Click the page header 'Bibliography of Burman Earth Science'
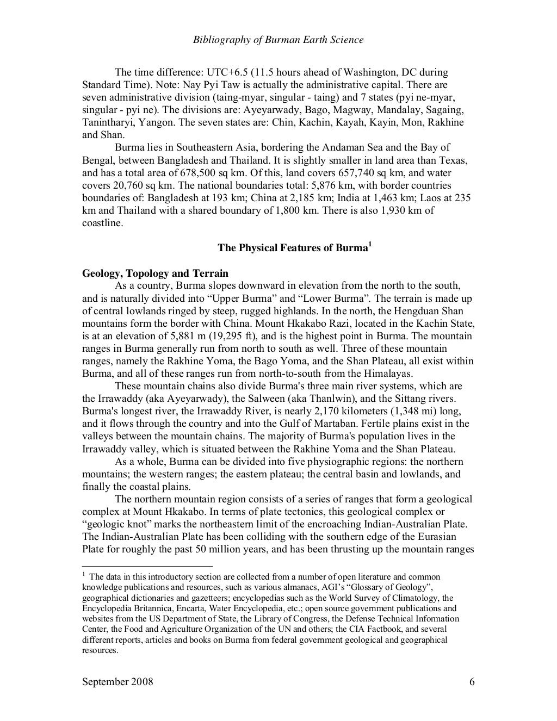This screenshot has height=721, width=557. click(278, 40)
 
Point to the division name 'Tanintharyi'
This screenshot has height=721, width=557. click(106, 122)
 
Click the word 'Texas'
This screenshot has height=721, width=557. click(456, 160)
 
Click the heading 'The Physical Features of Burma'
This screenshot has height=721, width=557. click(292, 248)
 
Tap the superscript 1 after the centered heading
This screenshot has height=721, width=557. click(370, 244)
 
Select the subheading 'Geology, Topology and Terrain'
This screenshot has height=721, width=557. click(155, 273)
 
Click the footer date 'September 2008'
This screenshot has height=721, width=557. click(117, 682)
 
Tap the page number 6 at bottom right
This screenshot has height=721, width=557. click(472, 682)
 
